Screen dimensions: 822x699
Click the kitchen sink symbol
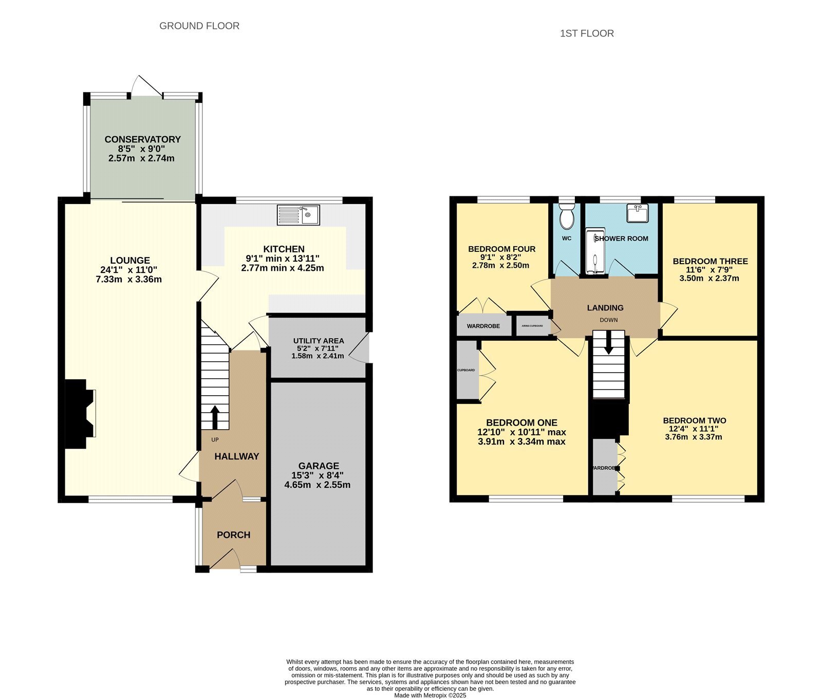[298, 215]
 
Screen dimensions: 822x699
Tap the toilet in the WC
[567, 216]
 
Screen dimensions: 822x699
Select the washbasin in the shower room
[637, 213]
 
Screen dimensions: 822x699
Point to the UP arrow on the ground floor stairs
[214, 417]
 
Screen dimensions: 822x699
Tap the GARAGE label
[319, 466]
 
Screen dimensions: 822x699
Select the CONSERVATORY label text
[142, 139]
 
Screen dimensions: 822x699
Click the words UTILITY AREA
[319, 341]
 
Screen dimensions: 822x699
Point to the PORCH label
[233, 535]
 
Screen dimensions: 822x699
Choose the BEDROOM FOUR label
[501, 249]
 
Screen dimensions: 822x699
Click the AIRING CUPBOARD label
[532, 326]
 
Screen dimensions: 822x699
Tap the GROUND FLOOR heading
[199, 26]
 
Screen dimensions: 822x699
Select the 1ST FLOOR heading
[587, 33]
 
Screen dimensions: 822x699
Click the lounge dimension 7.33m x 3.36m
[129, 280]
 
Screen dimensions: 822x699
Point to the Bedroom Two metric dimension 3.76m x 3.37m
[694, 437]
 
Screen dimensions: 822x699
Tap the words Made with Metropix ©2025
[430, 695]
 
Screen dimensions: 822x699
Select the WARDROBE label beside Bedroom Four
[483, 326]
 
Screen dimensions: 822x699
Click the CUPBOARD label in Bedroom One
[466, 370]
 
